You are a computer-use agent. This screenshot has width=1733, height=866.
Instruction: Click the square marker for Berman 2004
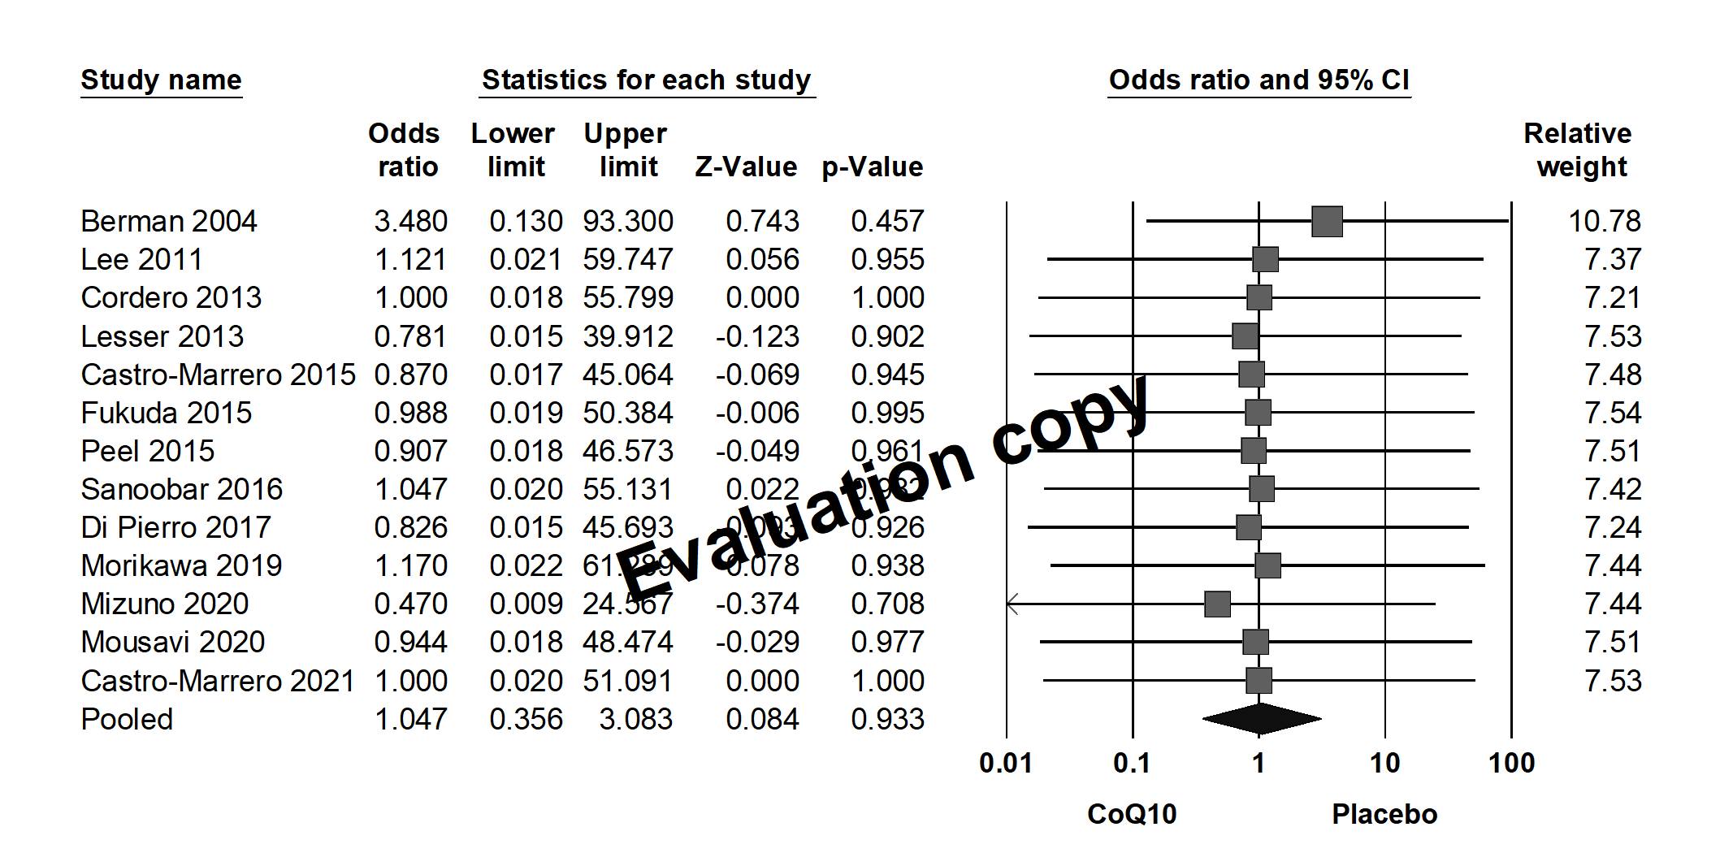coord(1327,221)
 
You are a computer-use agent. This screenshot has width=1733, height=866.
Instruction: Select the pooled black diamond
coord(1261,719)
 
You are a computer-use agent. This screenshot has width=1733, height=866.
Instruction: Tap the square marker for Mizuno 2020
coord(1217,604)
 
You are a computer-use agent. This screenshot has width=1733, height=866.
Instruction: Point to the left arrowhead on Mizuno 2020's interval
coord(1012,604)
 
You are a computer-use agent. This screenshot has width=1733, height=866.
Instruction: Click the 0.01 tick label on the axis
coord(1006,764)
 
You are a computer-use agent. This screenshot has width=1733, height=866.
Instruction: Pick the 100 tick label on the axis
coord(1511,764)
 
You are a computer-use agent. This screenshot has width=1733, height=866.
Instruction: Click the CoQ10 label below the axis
coord(1132,814)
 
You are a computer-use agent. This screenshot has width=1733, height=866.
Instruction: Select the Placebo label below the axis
coord(1384,814)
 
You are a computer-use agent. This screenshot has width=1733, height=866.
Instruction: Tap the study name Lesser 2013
coord(162,336)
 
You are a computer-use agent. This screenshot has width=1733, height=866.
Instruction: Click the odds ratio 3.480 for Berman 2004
coord(410,221)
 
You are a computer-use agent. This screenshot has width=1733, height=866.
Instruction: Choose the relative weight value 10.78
coord(1604,221)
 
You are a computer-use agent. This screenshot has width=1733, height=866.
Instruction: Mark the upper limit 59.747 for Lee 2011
coord(627,259)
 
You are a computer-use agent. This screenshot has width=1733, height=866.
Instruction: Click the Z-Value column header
coord(746,167)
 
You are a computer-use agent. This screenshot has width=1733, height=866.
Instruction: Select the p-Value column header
coord(873,167)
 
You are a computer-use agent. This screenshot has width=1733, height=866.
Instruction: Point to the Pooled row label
coord(127,719)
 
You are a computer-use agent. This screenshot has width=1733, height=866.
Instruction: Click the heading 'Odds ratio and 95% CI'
coord(1259,80)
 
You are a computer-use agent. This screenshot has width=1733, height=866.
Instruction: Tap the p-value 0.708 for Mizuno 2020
coord(887,604)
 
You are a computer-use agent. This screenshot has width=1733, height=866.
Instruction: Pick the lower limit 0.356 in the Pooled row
coord(526,719)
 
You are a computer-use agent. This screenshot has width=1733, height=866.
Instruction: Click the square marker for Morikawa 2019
coord(1267,565)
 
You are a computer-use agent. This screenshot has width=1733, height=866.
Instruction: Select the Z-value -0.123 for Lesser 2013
coord(757,336)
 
